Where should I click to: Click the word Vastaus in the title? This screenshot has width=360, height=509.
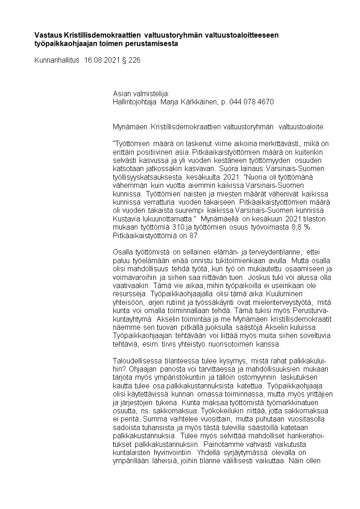click(x=48, y=35)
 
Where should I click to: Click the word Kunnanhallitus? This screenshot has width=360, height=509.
click(x=57, y=59)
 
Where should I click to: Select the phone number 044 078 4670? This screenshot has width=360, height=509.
click(x=252, y=102)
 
